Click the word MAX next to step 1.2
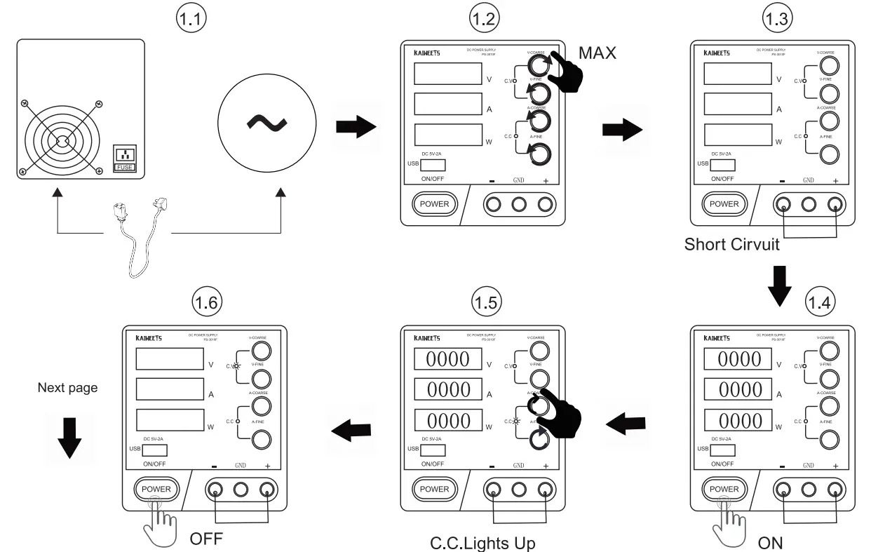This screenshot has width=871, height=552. (x=597, y=53)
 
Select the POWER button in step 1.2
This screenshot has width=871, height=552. (x=434, y=204)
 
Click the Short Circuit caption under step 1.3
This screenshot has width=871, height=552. (x=731, y=245)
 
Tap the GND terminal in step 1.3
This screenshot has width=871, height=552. (x=809, y=204)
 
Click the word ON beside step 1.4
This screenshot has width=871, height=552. (x=770, y=543)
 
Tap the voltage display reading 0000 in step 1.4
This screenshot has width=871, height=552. (x=738, y=360)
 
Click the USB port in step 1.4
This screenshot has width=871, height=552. (x=722, y=450)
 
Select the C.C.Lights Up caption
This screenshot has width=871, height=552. (x=482, y=543)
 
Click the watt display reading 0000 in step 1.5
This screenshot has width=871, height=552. (x=449, y=421)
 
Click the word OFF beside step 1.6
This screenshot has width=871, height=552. (x=206, y=540)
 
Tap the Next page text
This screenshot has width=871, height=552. (x=67, y=388)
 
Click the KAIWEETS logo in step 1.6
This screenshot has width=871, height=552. (x=149, y=337)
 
